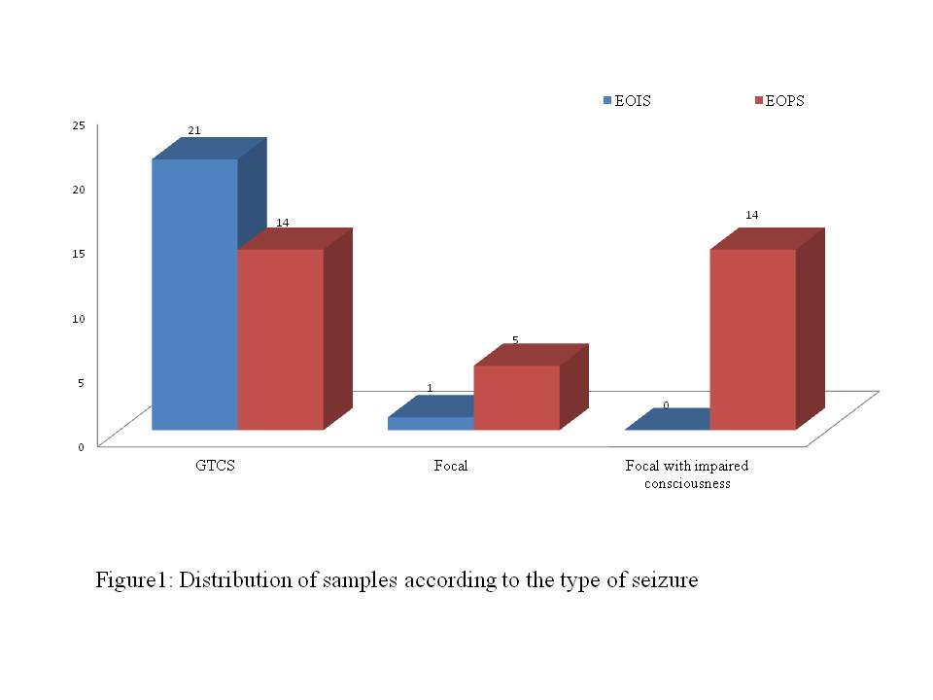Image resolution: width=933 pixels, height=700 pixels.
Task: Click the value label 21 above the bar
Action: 194,129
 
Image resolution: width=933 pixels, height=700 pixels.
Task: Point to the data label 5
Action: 515,340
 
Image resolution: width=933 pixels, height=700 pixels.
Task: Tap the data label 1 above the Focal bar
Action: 430,388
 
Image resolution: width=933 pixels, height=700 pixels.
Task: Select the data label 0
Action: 666,404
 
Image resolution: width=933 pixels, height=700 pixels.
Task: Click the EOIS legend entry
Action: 627,101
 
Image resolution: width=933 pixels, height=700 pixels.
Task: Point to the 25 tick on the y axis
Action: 78,124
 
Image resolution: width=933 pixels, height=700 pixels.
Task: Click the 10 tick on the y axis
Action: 78,317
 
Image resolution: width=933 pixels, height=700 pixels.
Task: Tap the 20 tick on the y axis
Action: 78,189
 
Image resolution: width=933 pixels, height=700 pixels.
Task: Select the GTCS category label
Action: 215,466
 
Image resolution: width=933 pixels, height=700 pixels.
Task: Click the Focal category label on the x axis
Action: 451,466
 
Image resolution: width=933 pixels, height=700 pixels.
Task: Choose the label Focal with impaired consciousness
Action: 686,474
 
